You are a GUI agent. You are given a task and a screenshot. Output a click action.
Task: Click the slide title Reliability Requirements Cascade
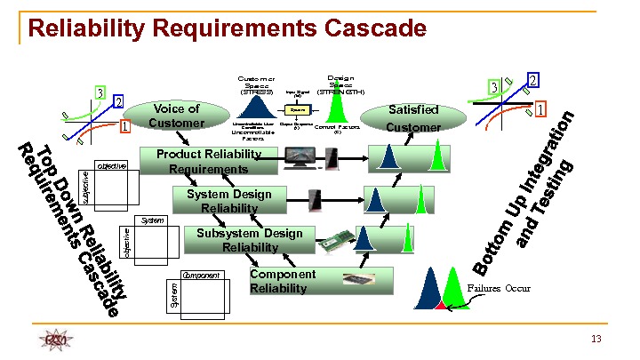(227, 28)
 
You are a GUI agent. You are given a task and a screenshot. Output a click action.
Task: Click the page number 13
(596, 340)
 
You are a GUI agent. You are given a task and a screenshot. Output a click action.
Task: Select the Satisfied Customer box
(413, 118)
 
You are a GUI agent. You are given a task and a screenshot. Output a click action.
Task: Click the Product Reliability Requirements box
(208, 162)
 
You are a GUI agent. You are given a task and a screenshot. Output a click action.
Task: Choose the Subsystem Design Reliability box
(250, 240)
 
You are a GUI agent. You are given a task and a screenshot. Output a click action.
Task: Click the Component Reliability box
(278, 281)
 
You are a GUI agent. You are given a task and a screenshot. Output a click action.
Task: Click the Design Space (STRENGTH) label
(340, 84)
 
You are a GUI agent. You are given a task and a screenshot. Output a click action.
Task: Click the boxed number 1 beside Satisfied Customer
(540, 108)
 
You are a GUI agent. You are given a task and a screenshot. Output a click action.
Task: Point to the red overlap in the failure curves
(439, 306)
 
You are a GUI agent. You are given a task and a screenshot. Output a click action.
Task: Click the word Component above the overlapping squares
(200, 276)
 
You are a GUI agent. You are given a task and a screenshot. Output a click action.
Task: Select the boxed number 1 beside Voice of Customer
(125, 126)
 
